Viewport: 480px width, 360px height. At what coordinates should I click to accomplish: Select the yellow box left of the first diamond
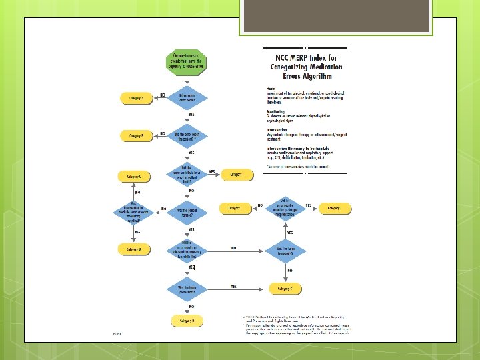coord(136,98)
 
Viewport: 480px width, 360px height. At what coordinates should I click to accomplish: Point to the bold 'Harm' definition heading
coord(271,88)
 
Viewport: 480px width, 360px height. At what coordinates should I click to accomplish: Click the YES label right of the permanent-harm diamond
coord(233,287)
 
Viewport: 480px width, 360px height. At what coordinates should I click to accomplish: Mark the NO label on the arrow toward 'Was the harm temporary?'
coord(234,248)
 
